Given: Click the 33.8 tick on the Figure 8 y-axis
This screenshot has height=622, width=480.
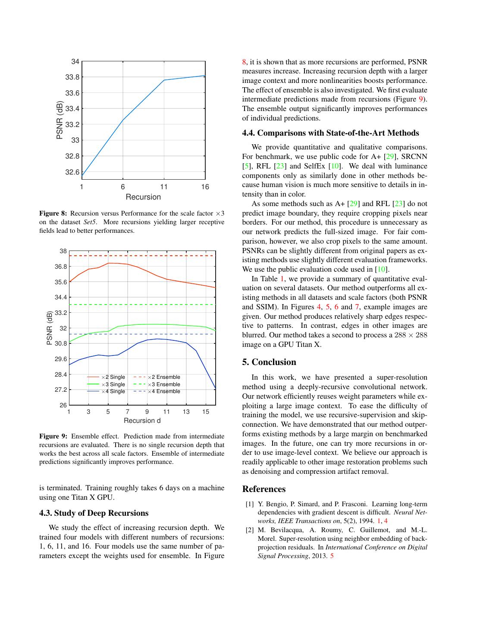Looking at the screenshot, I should click(x=72, y=77).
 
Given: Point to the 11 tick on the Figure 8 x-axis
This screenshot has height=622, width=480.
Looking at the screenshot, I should click(x=164, y=187).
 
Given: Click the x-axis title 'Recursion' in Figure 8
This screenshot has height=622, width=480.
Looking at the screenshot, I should click(x=143, y=197).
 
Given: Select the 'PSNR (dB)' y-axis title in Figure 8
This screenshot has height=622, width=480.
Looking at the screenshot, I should click(x=60, y=120).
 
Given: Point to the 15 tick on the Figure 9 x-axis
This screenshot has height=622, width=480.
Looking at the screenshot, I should click(x=206, y=412).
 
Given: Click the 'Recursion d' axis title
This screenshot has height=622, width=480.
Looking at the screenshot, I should click(x=142, y=420).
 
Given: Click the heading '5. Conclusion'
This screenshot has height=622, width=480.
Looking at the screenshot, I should click(x=269, y=362).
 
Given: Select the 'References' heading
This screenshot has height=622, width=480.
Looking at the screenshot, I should click(x=264, y=489).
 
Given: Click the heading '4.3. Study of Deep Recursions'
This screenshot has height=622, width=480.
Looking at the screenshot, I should click(x=94, y=513).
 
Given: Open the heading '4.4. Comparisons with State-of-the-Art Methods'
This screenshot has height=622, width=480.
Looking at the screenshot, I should click(x=330, y=133).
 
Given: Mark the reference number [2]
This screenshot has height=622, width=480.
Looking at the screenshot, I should click(x=250, y=530).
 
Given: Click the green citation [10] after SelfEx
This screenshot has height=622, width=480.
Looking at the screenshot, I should click(x=335, y=166).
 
